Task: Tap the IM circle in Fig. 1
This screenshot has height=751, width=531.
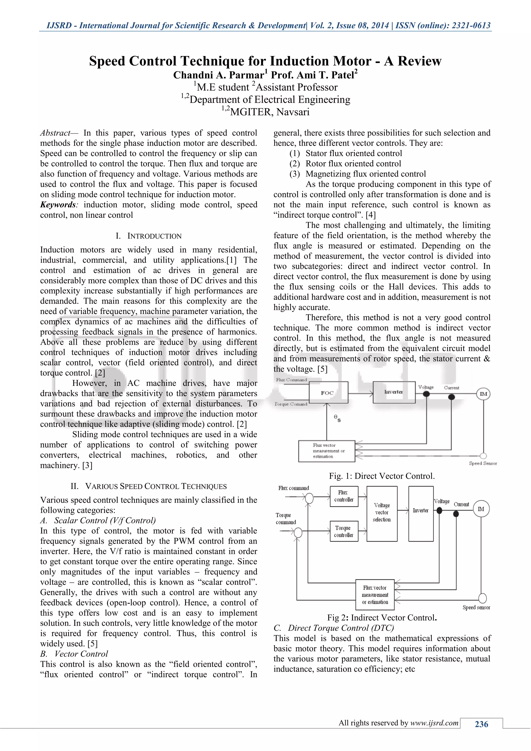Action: pyautogui.click(x=483, y=394)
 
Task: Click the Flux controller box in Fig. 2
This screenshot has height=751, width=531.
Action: pyautogui.click(x=344, y=496)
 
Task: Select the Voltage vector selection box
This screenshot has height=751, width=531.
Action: pyautogui.click(x=382, y=512)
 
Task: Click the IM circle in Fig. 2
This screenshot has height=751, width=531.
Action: pyautogui.click(x=481, y=509)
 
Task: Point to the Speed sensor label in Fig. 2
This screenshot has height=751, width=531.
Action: pyautogui.click(x=476, y=607)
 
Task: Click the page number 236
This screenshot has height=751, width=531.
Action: pyautogui.click(x=481, y=725)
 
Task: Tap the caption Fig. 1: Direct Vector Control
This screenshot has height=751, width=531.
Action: pyautogui.click(x=382, y=476)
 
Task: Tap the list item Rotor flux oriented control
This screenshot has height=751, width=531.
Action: pyautogui.click(x=353, y=164)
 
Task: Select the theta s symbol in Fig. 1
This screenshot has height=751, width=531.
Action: pyautogui.click(x=337, y=418)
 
